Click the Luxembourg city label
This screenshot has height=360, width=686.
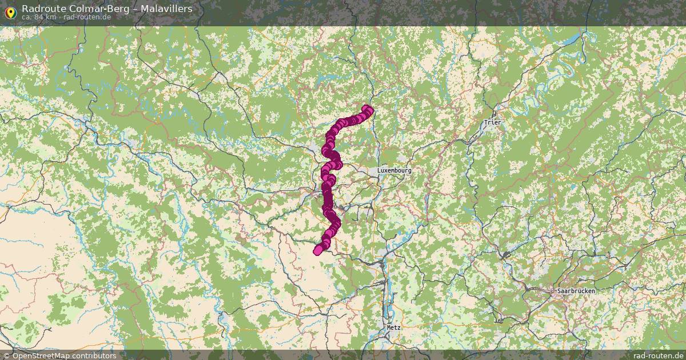click(394, 171)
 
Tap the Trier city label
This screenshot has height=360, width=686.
click(492, 123)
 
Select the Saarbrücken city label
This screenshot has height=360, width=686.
click(576, 291)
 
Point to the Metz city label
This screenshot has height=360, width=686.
click(394, 328)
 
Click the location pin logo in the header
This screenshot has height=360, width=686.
click(10, 11)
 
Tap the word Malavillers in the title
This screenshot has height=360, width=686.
click(166, 9)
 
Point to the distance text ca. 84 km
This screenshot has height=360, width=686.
click(39, 17)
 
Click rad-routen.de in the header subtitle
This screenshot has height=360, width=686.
click(87, 17)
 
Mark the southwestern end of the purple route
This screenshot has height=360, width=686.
click(317, 250)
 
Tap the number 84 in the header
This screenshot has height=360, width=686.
click(39, 17)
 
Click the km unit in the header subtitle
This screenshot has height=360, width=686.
click(51, 17)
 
